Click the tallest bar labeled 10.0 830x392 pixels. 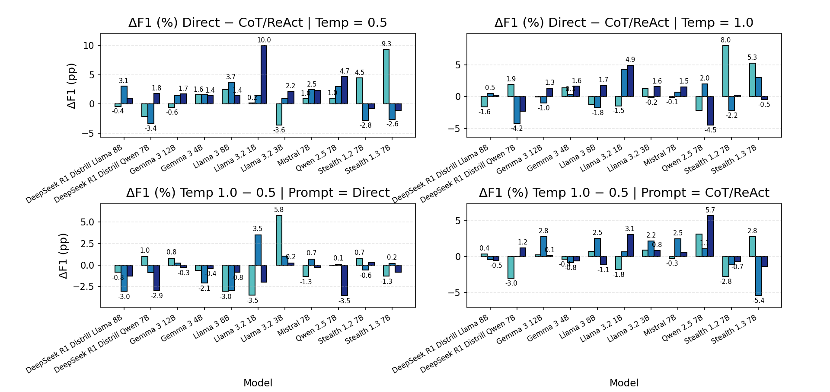click(x=264, y=74)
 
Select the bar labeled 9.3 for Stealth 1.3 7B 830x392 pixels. click(x=386, y=77)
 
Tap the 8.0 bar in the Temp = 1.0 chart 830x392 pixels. click(x=725, y=71)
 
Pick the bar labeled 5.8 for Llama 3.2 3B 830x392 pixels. click(x=279, y=240)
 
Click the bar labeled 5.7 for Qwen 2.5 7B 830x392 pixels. click(x=710, y=236)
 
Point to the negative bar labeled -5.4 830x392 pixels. click(x=758, y=276)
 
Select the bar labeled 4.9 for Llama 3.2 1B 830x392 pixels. click(x=630, y=81)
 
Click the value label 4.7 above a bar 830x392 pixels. click(x=344, y=71)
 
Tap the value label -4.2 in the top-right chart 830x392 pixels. click(x=517, y=129)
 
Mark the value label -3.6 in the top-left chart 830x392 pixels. click(x=279, y=130)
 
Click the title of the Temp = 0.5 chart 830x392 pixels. click(x=258, y=23)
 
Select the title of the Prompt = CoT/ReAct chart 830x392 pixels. click(x=624, y=193)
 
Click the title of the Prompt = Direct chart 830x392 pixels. click(x=258, y=193)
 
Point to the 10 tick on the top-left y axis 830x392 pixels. click(x=89, y=46)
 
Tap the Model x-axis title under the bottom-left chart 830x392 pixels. click(x=258, y=383)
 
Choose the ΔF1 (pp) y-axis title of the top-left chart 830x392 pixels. click(x=71, y=86)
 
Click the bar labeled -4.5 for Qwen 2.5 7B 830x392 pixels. click(x=710, y=111)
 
